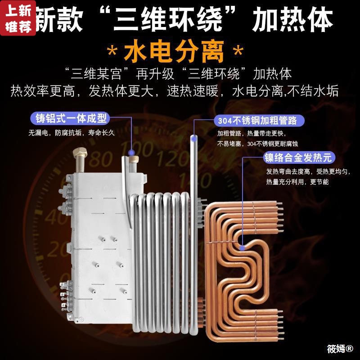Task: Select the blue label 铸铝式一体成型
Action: point(71,119)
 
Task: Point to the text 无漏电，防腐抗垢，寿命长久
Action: point(72,133)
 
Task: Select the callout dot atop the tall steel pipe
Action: point(194,135)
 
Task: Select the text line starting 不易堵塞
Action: point(257,144)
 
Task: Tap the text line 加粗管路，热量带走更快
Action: point(257,134)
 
